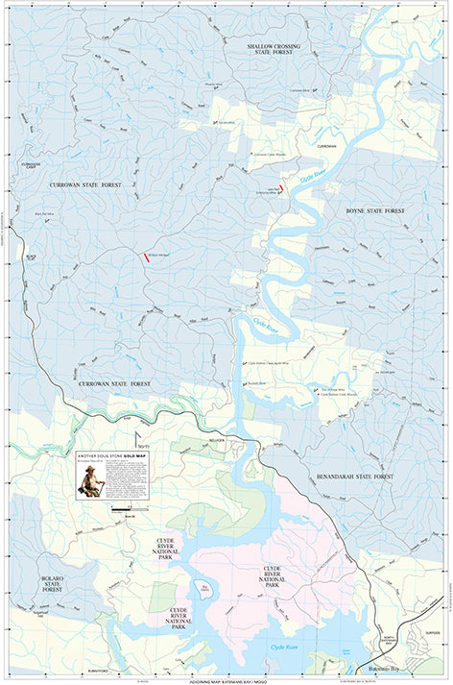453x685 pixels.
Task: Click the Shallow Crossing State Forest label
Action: click(x=267, y=50)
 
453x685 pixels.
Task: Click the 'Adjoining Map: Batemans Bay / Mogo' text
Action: click(x=226, y=680)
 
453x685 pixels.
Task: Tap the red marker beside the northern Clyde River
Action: click(x=281, y=190)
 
